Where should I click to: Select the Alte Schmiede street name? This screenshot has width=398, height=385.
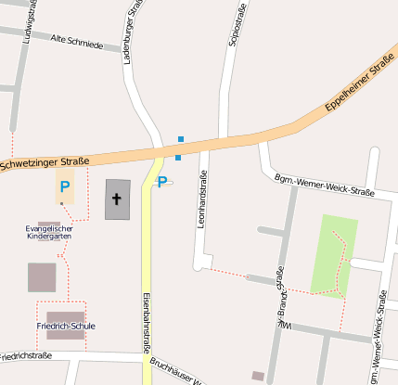(x=79, y=42)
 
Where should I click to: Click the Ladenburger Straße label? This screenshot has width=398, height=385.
(x=134, y=32)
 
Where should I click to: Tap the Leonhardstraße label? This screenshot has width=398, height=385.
(x=201, y=199)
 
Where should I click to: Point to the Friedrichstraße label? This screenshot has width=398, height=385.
(x=25, y=355)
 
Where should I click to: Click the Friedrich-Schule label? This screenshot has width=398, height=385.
(x=66, y=327)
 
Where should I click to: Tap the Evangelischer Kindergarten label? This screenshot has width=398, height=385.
(x=49, y=232)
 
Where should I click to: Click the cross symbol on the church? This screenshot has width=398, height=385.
(x=118, y=198)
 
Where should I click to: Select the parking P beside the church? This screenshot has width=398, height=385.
(x=161, y=182)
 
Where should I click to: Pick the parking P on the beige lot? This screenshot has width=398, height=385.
(x=65, y=186)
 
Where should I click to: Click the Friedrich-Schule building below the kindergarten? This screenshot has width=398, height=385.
(x=42, y=276)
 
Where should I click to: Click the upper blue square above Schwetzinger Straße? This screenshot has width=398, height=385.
(x=181, y=139)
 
